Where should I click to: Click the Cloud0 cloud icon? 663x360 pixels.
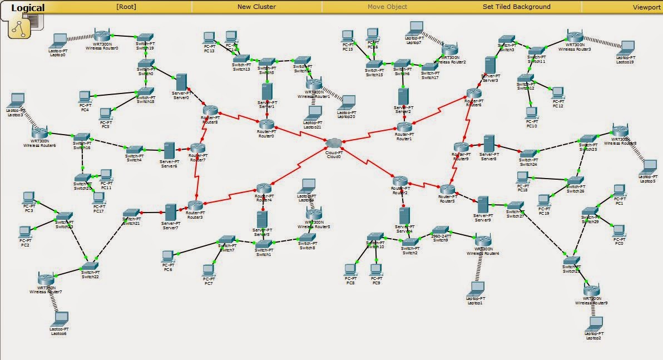[334, 144]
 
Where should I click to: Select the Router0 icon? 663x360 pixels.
[266, 123]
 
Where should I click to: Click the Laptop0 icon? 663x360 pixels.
[58, 41]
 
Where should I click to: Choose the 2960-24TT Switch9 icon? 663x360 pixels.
[441, 230]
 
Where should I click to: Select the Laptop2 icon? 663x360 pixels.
[593, 323]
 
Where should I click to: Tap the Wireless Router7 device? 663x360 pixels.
[46, 279]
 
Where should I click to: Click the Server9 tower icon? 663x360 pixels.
[483, 204]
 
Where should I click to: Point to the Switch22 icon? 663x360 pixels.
[90, 265]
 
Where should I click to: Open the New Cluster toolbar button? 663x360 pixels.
[256, 7]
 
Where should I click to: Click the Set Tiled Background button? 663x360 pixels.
[516, 7]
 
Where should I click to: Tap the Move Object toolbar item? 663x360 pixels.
[387, 7]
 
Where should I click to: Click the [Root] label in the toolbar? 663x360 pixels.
[126, 7]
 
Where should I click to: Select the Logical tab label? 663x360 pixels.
[28, 8]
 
